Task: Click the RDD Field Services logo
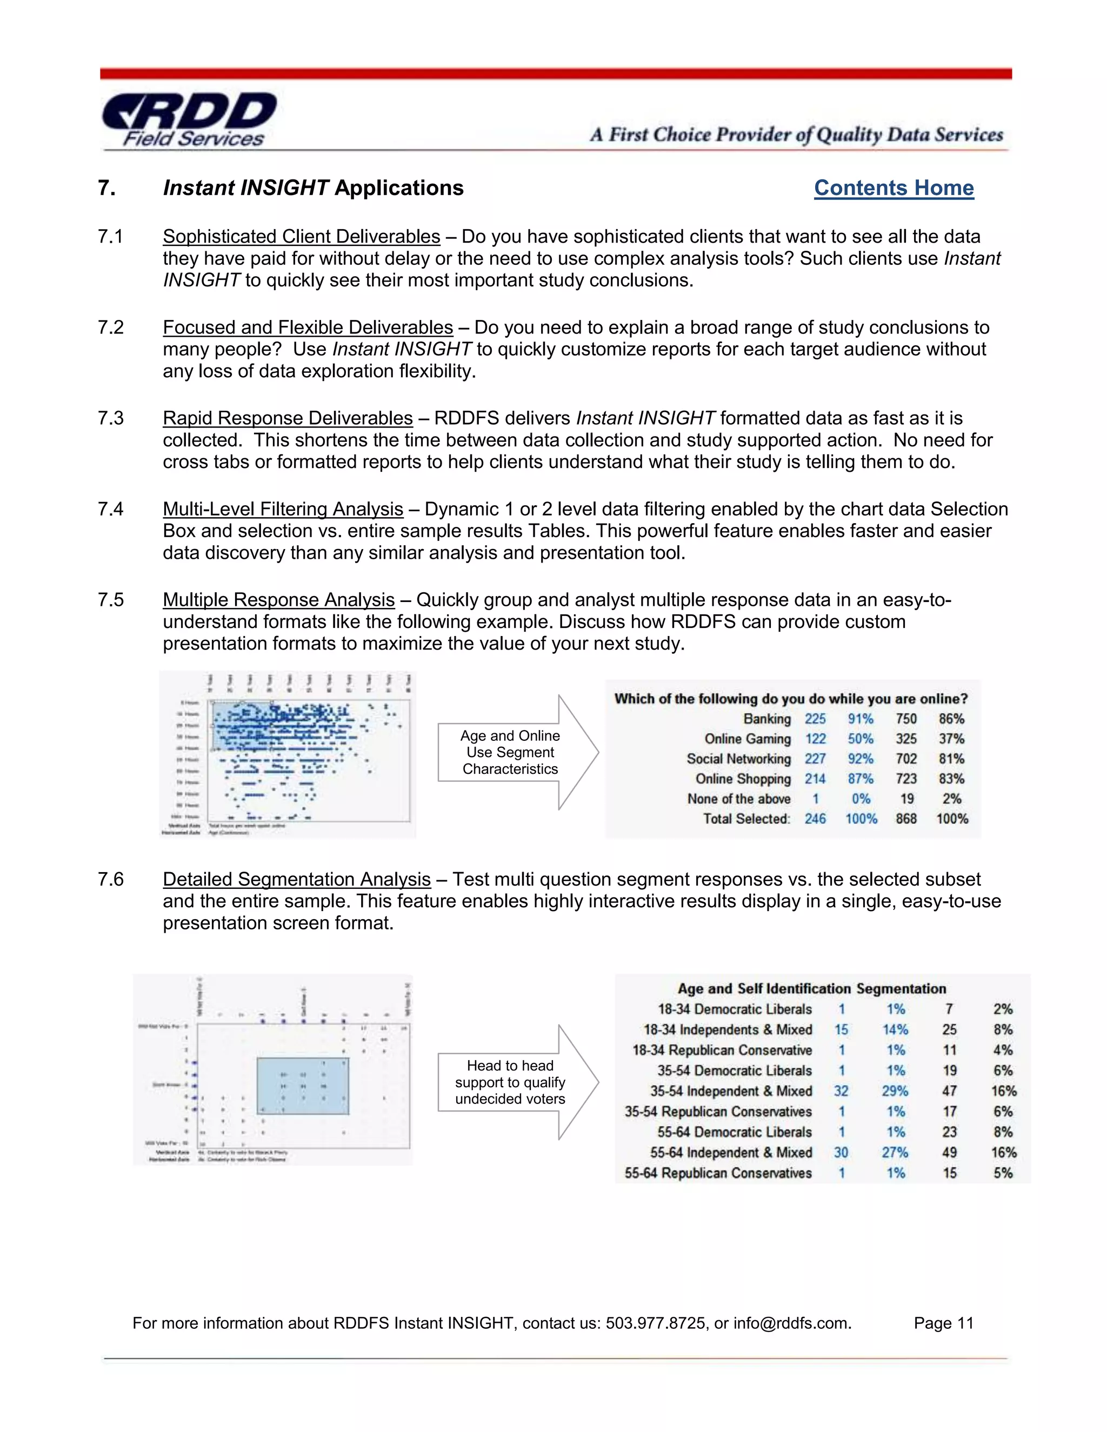(x=190, y=120)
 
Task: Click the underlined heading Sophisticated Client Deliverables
(x=301, y=237)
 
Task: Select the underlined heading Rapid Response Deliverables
(x=287, y=418)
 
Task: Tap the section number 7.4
(x=110, y=510)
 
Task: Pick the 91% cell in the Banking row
(x=860, y=719)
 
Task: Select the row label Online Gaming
(x=747, y=739)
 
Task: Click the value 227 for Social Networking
(x=815, y=759)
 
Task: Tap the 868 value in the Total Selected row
(x=906, y=819)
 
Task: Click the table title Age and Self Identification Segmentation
(x=811, y=989)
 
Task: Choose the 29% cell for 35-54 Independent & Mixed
(x=895, y=1091)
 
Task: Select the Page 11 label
(x=943, y=1323)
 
